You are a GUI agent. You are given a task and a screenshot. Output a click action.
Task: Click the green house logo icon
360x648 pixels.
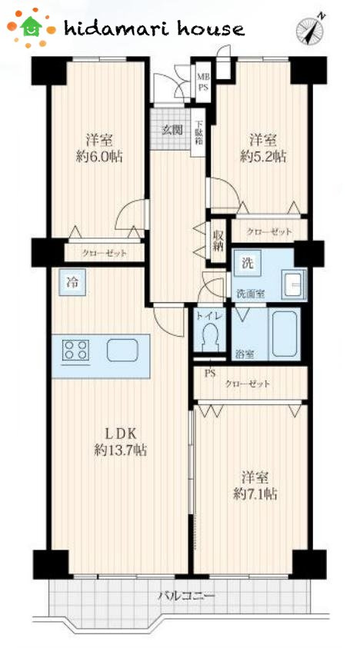pos(32,27)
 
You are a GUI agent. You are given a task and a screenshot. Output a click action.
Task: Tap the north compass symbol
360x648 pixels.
pos(310,29)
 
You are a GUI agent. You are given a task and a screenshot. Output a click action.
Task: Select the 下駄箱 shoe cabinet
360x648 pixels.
pos(198,132)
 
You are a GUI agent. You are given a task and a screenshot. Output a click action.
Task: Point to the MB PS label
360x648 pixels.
pos(202,81)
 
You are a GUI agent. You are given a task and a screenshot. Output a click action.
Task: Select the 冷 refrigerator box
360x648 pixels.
pos(72,282)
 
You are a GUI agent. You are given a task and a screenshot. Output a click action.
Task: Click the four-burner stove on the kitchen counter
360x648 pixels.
pos(75,350)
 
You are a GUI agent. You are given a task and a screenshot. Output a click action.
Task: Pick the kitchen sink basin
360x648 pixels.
pos(122,350)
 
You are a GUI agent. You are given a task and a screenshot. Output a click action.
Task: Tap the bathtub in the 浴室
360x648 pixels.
pos(285,334)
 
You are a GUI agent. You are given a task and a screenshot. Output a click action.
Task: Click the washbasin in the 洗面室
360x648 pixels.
pos(293,284)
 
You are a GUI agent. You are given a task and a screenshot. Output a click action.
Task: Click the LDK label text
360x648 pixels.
pos(119,434)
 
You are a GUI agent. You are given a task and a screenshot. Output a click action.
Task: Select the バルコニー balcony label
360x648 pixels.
pos(187,596)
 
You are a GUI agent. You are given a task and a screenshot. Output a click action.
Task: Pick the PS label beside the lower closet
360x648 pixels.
pos(211,374)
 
